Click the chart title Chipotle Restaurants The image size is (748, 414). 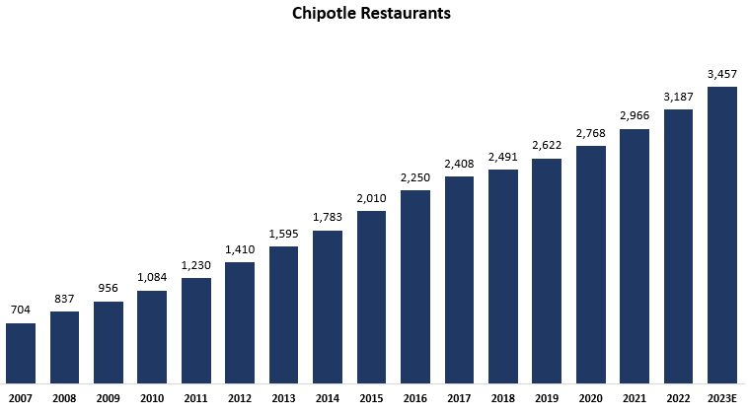pos(372,15)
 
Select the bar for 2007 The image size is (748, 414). pos(21,353)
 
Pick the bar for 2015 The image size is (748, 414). pos(371,297)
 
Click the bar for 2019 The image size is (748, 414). pos(547,270)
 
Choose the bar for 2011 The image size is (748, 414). pos(196,330)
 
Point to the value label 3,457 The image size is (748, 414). pos(722,74)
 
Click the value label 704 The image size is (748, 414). pos(21,310)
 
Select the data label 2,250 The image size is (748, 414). pos(415,177)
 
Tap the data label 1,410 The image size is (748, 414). pos(240,249)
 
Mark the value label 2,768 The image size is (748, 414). pos(590,133)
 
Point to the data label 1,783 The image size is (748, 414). pos(328,218)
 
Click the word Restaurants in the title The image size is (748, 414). pos(407,15)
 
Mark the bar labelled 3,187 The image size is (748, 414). pos(678,245)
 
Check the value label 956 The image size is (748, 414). pos(109,289)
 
